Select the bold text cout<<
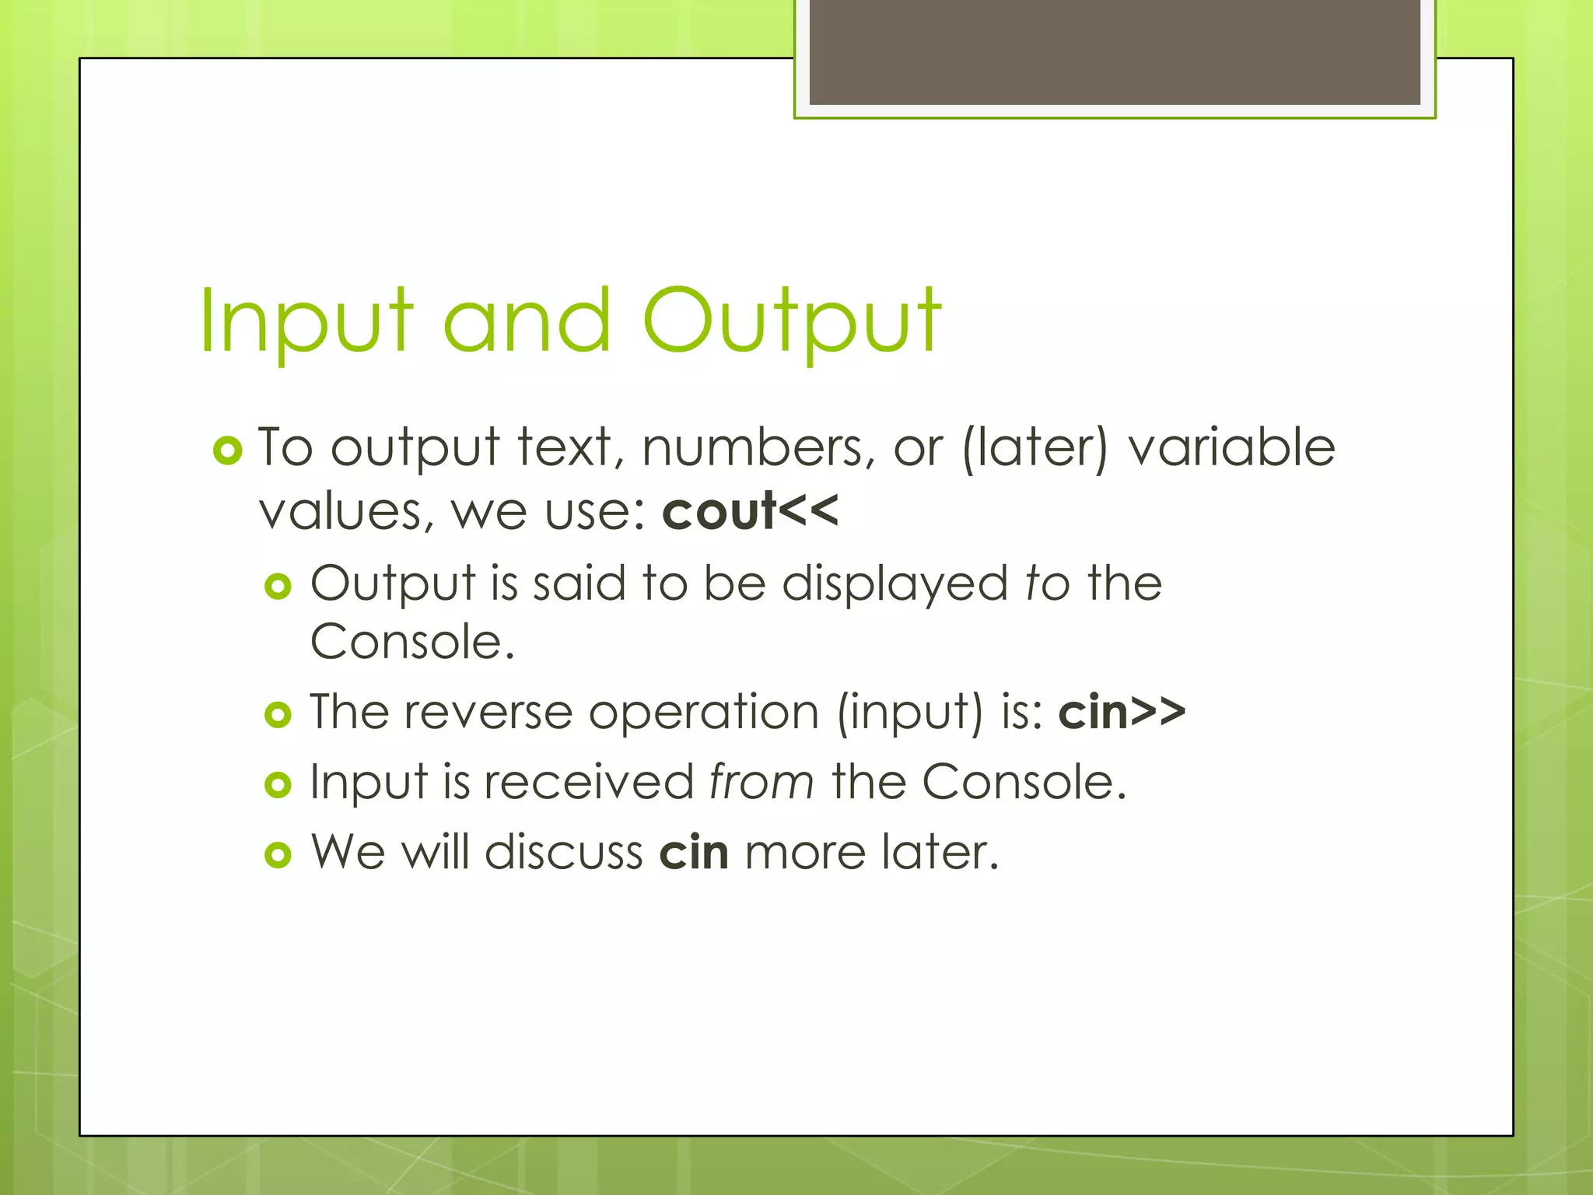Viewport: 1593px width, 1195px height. click(750, 512)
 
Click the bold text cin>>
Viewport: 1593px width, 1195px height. click(1122, 712)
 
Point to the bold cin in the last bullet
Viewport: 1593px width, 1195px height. click(694, 853)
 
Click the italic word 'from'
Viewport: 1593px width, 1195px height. click(761, 782)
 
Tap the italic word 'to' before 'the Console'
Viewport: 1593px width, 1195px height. click(1047, 583)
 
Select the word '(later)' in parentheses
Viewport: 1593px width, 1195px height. click(1035, 448)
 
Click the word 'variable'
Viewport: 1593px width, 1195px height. click(1231, 448)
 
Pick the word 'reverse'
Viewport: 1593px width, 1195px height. click(488, 712)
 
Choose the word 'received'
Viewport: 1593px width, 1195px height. click(589, 782)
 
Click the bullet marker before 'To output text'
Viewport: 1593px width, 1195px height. click(227, 450)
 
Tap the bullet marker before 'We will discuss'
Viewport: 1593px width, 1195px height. click(278, 855)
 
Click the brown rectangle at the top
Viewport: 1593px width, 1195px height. click(1115, 51)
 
